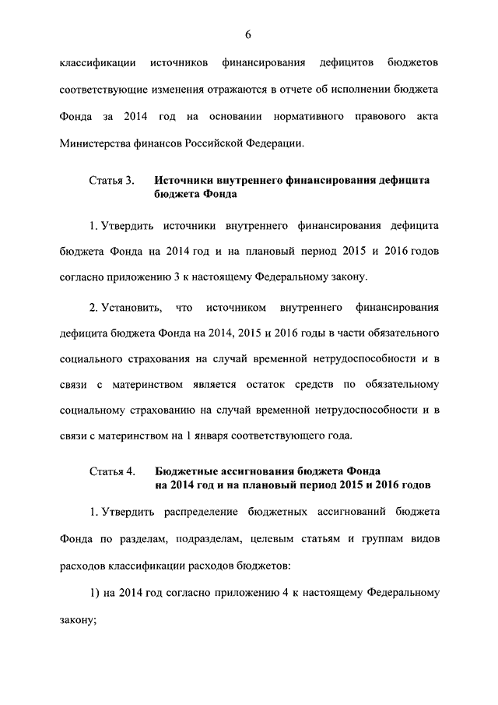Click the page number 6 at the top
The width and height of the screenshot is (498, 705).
pyautogui.click(x=249, y=33)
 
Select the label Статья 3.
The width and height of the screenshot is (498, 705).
pyautogui.click(x=112, y=180)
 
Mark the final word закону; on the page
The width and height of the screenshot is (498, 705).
pyautogui.click(x=78, y=621)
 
